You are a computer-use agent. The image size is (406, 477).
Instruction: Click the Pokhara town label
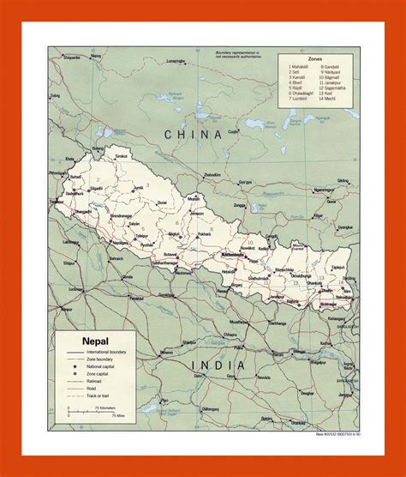click(x=204, y=233)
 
